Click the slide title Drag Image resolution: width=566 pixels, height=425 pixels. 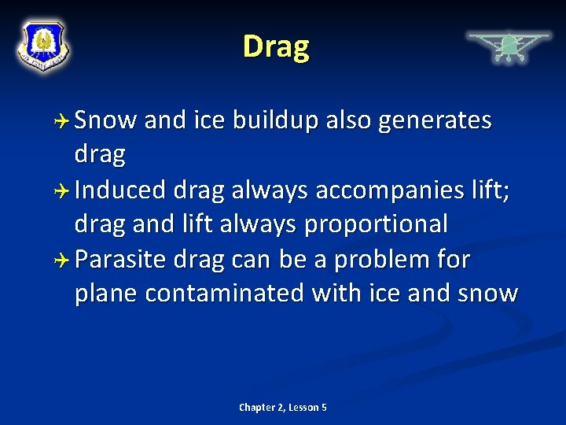pyautogui.click(x=276, y=46)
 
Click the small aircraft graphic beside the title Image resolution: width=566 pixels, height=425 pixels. pyautogui.click(x=509, y=46)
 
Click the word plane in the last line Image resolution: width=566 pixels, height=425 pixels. pyautogui.click(x=107, y=294)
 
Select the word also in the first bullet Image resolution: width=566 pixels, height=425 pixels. pyautogui.click(x=346, y=120)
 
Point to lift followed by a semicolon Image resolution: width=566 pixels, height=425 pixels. pyautogui.click(x=489, y=190)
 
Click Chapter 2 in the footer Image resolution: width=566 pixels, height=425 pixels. pyautogui.click(x=261, y=407)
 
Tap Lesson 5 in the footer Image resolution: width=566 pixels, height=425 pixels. pyautogui.click(x=308, y=407)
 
